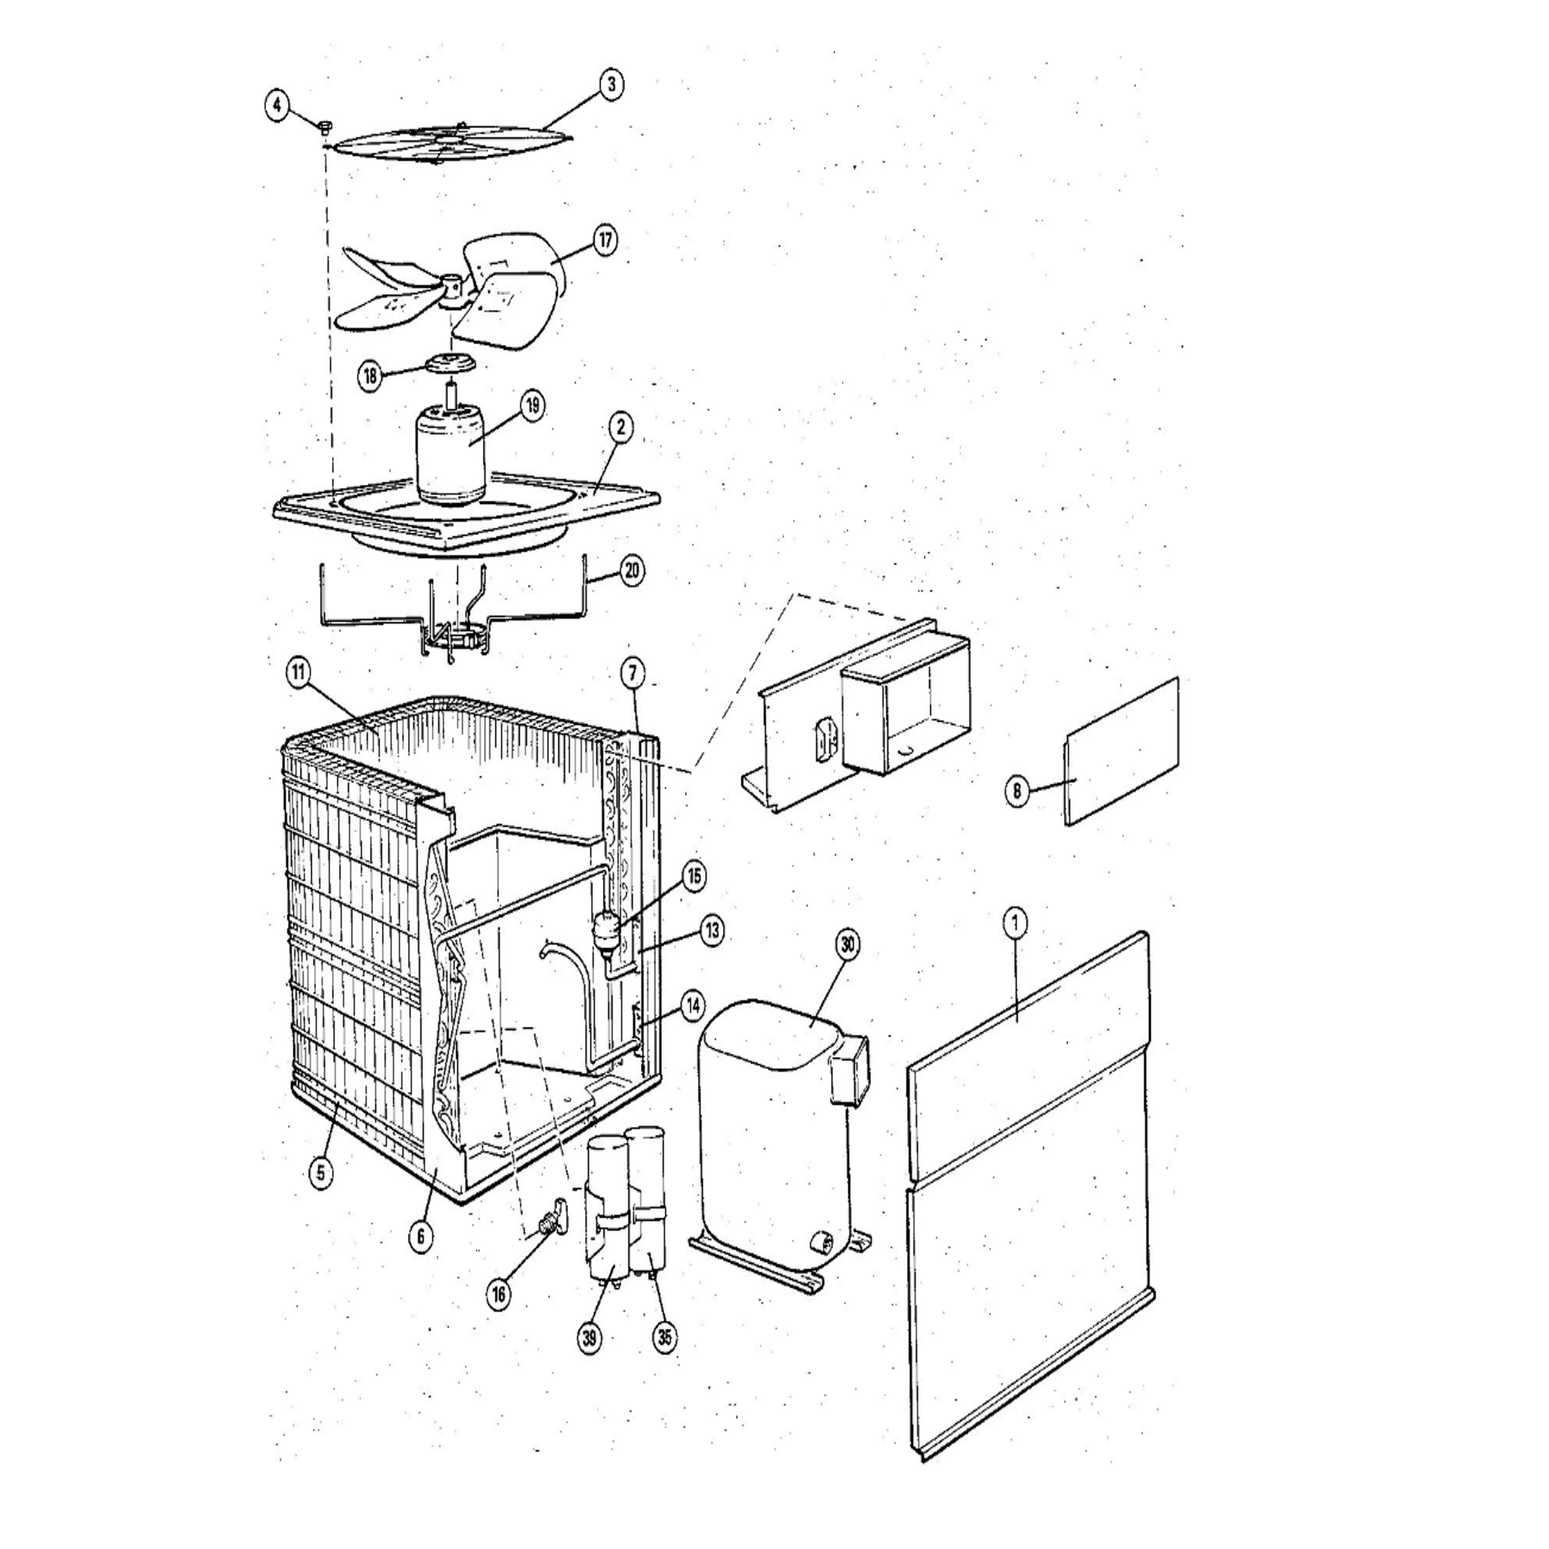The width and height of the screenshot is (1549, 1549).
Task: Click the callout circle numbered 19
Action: [x=532, y=406]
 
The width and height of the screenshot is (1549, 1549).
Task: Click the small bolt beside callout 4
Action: [x=326, y=126]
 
